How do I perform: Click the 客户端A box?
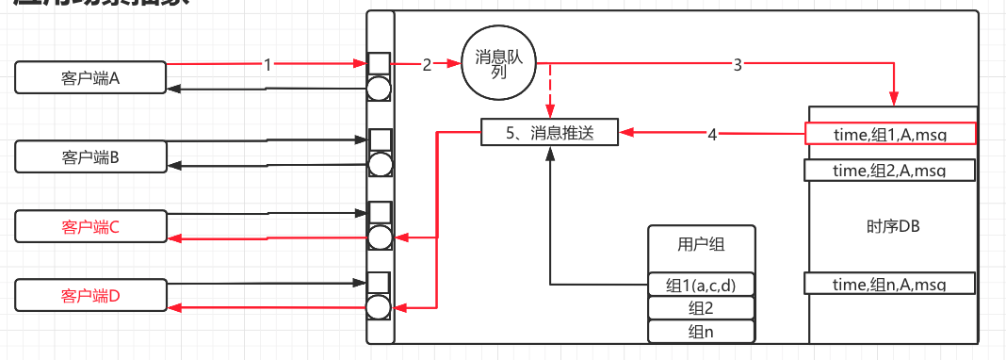point(90,78)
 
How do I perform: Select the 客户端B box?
point(90,156)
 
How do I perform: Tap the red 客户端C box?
point(90,227)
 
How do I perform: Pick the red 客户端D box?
point(90,296)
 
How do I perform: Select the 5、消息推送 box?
point(550,134)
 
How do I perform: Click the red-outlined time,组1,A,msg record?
point(890,134)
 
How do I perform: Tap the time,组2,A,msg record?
point(890,170)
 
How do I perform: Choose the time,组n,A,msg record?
point(890,283)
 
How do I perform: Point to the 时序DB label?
point(892,226)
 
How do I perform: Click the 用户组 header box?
point(702,245)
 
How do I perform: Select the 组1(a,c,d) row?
point(702,285)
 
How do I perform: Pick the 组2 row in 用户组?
point(702,308)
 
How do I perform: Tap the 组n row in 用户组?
point(702,331)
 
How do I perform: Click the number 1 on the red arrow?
point(268,65)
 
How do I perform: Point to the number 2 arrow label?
point(427,65)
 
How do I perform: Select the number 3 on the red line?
point(738,65)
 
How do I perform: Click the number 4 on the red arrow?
point(712,134)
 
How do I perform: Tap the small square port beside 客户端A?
point(379,64)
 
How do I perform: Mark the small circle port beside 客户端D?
point(380,307)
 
